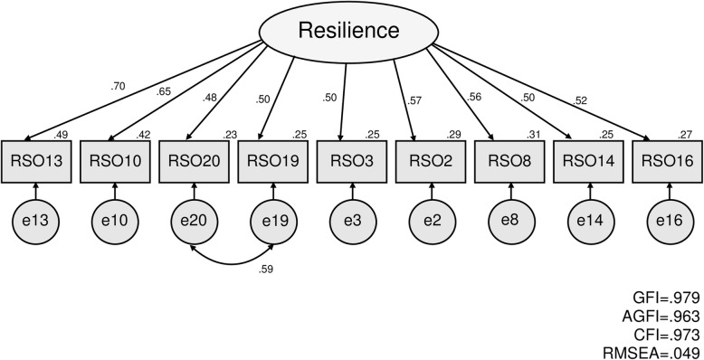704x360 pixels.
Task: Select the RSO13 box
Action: (35, 161)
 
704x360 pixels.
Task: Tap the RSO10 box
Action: (115, 161)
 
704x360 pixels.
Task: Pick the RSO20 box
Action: (194, 161)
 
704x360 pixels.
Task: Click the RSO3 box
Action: (352, 161)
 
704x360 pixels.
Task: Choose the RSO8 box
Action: (510, 161)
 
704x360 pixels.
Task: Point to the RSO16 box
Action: (669, 161)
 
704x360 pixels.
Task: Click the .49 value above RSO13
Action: (62, 135)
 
